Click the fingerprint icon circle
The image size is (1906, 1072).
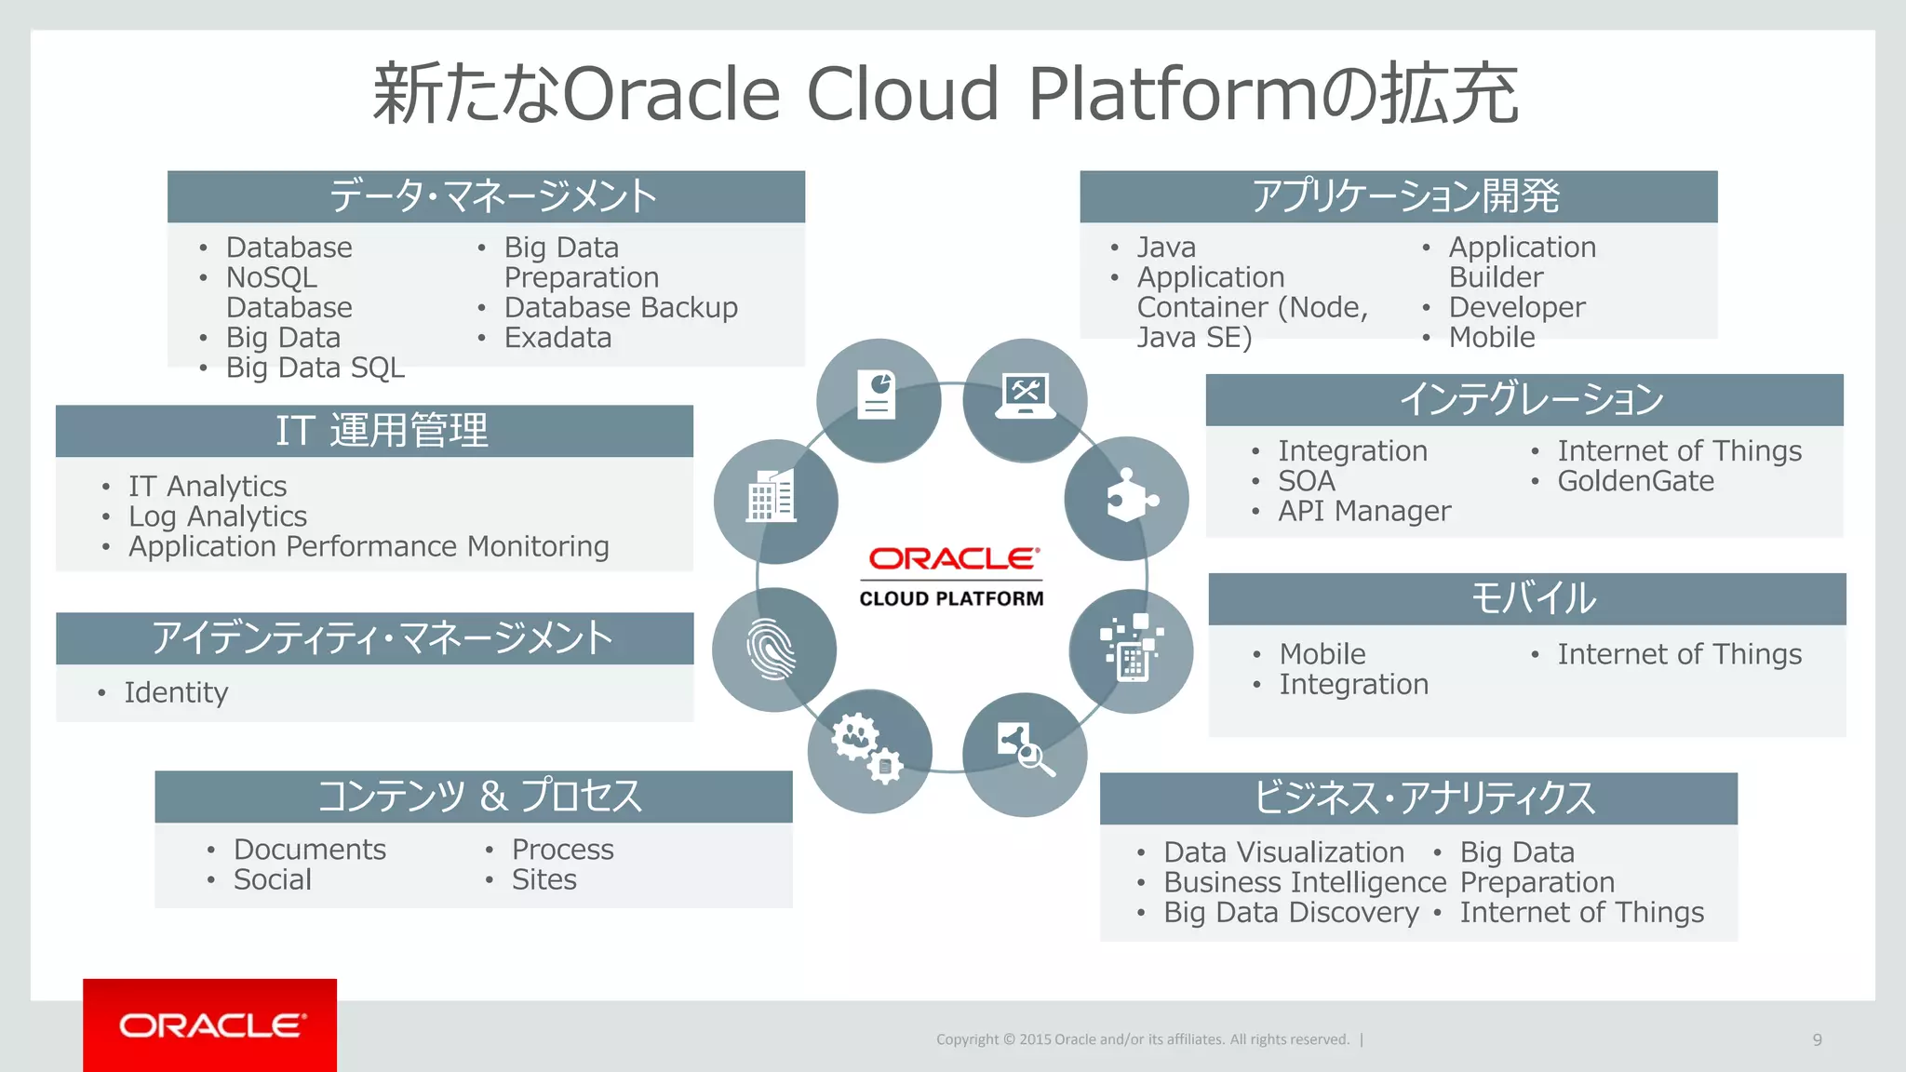[x=773, y=650]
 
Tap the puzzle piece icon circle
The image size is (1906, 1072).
[x=1126, y=500]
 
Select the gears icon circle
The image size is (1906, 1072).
[x=869, y=751]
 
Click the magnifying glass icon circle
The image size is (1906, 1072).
[x=1025, y=754]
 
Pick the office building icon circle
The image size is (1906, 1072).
[x=775, y=501]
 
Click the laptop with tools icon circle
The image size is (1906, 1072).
[x=1025, y=400]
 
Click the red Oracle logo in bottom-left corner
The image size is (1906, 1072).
[x=210, y=1025]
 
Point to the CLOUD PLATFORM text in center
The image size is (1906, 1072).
[x=951, y=598]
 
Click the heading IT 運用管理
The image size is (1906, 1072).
[x=382, y=431]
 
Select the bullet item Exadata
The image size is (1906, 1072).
[x=557, y=338]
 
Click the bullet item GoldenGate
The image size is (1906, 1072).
[x=1635, y=481]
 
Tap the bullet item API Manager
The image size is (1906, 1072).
[x=1363, y=511]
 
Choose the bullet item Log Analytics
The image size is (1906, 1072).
[x=218, y=516]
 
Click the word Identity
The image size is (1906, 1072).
[x=176, y=692]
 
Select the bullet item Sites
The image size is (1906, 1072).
[x=544, y=879]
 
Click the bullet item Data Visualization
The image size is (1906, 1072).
[x=1283, y=852]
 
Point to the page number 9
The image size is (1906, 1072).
[x=1817, y=1039]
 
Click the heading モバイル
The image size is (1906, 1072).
[x=1533, y=598]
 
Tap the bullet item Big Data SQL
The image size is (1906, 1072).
[x=315, y=368]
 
